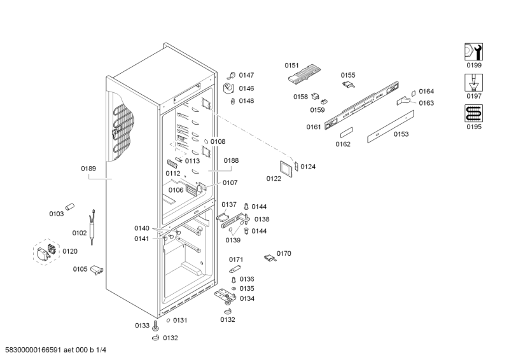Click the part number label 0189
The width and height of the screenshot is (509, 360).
88,169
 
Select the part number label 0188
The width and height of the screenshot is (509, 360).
231,162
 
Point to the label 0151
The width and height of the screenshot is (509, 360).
292,65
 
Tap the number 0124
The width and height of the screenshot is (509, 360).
308,167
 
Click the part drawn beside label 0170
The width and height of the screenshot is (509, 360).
270,257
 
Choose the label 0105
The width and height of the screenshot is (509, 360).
80,269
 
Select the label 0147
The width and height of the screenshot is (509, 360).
246,75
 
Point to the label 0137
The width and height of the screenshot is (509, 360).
229,205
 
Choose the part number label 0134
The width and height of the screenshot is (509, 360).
246,298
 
